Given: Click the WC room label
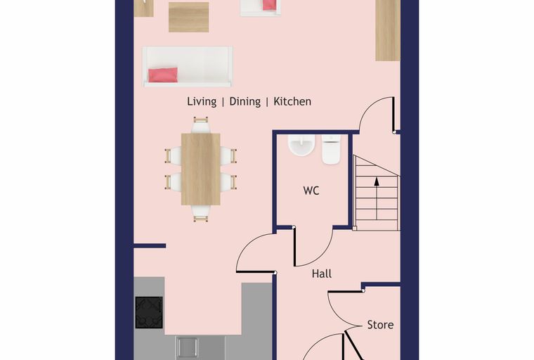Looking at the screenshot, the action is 311,191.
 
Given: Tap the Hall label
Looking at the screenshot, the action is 322,274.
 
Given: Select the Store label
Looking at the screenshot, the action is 380,325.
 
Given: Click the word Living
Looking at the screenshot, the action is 202,101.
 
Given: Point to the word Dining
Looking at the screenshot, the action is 245,101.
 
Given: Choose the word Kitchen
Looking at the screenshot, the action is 292,101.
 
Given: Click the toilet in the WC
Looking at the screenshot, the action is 332,149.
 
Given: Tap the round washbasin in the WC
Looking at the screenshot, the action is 301,146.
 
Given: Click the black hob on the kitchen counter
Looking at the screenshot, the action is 149,312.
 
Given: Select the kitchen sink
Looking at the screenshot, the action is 187,348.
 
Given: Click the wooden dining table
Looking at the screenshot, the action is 200,169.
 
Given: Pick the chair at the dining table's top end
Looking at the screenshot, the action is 200,125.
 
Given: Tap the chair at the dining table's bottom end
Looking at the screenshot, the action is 200,214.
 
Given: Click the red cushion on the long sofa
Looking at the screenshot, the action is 163,75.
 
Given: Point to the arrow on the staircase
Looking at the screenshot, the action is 377,198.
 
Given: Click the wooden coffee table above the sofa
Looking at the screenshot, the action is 189,17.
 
